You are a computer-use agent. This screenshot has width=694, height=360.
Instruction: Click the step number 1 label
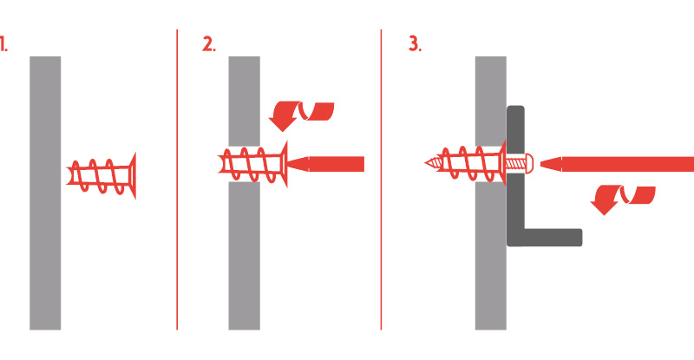pos(3,44)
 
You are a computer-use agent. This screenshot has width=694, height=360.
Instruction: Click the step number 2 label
pos(209,44)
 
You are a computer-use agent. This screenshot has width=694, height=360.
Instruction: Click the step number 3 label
pos(415,44)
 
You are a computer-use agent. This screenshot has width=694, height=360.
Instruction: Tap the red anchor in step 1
pos(101,176)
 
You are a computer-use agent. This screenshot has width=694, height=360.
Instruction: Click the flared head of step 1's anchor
pos(133,176)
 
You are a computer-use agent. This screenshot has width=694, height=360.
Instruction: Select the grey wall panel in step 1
pos(45,193)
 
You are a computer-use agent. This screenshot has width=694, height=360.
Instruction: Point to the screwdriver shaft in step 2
pos(337,164)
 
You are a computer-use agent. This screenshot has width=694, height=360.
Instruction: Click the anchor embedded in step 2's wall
pos(252,164)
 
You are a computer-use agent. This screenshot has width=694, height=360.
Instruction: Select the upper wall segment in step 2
pos(245,101)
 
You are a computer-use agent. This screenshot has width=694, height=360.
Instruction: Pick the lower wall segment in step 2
pos(245,256)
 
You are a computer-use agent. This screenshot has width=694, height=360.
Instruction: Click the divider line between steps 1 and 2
pos(177,180)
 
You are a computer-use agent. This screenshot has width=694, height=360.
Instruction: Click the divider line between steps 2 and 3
pos(381,180)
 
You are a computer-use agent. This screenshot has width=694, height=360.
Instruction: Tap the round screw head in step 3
pos(529,164)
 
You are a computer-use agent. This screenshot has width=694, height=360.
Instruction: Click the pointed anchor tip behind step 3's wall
pos(426,163)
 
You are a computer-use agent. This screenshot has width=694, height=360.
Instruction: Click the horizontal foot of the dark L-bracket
pos(553,238)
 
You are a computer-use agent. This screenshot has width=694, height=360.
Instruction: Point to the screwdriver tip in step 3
pos(540,164)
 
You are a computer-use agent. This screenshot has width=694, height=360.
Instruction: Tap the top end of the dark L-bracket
pos(515,107)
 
